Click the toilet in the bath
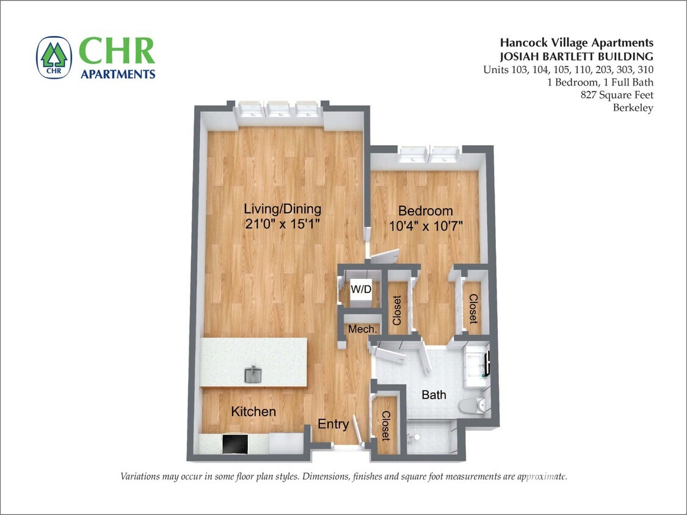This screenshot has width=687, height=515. pos(473,404)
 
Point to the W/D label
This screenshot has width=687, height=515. pos(360,289)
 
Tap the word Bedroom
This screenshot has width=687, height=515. pos(426,211)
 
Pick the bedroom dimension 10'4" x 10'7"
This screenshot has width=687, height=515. pos(426,225)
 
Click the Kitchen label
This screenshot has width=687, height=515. pos(253,412)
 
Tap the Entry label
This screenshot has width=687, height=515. pos(333,424)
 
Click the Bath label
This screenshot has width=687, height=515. pos(434,395)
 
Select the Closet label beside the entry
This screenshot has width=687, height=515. pos(385,425)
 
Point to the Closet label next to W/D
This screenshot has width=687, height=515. pos(397,310)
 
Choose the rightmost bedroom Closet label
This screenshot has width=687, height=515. pos(473,309)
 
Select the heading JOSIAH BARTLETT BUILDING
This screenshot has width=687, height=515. pos(578,56)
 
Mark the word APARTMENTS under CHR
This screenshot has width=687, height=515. pos(118,74)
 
